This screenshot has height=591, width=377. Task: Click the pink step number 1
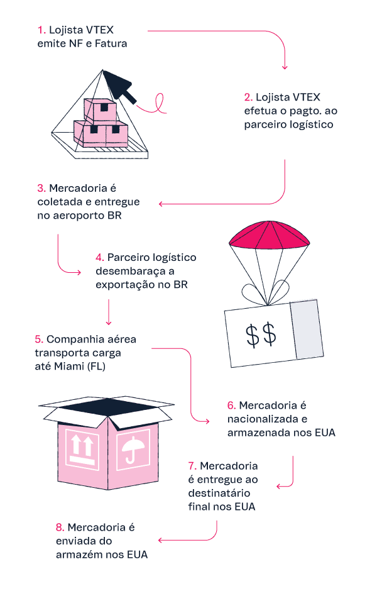[40, 30]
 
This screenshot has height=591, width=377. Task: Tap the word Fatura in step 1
[114, 43]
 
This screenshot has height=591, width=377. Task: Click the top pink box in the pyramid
[101, 110]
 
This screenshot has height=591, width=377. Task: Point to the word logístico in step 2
[309, 124]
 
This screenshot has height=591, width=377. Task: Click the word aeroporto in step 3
[79, 216]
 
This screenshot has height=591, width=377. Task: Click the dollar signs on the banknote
[261, 334]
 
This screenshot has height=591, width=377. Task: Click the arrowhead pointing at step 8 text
[161, 540]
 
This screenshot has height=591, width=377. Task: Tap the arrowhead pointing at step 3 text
[161, 203]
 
